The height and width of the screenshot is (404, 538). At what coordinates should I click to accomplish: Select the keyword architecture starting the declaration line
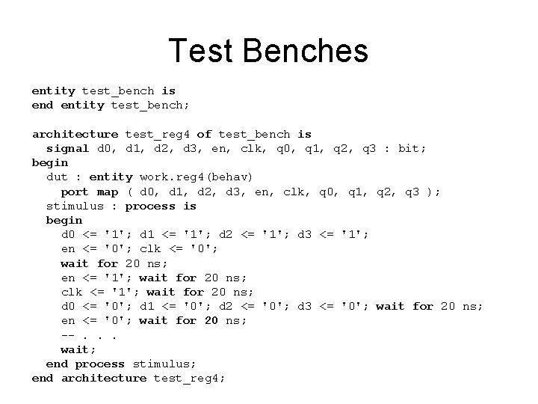tap(75, 135)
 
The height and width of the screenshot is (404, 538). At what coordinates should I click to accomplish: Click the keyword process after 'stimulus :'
tap(150, 206)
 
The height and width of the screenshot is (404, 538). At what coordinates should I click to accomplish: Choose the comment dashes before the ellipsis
tap(68, 335)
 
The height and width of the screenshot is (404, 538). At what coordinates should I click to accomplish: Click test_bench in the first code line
tap(118, 91)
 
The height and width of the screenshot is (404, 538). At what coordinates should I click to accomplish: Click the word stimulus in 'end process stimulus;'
tap(165, 364)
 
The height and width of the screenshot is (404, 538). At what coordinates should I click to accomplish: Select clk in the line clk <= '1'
tap(72, 292)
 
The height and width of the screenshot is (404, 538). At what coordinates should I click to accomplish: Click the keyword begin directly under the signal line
tap(49, 163)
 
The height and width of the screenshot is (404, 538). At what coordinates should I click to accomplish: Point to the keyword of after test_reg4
tap(204, 135)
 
